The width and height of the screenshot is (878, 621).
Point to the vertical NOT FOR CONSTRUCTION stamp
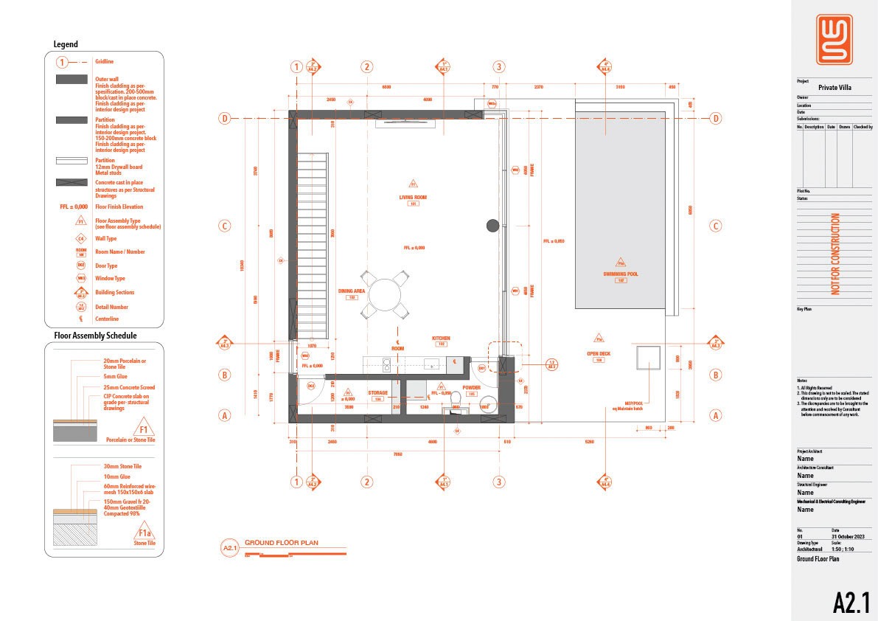click(835, 254)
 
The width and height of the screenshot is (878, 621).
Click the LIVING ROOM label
click(413, 198)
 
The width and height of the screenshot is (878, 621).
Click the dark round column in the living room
click(492, 226)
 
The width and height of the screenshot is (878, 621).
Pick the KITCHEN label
click(441, 339)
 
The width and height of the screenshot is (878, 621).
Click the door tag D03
click(311, 385)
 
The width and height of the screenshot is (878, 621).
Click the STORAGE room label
click(378, 393)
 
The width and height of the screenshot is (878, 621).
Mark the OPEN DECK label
click(599, 353)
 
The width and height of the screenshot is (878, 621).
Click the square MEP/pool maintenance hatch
click(648, 358)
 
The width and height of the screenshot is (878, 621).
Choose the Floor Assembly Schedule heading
click(95, 336)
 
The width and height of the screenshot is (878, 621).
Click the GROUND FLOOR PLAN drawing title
click(282, 542)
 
